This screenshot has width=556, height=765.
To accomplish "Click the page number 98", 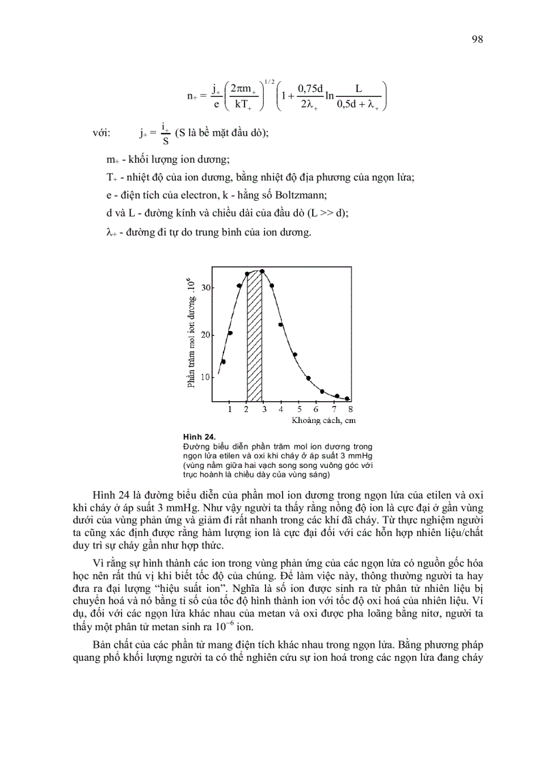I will tap(477, 39).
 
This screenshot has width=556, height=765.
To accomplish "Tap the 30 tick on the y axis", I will tap(206, 287).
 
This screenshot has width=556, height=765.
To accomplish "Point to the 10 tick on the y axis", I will tap(206, 377).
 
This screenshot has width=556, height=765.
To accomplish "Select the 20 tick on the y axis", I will tap(206, 334).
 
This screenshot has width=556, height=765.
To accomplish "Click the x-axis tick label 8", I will tap(350, 409).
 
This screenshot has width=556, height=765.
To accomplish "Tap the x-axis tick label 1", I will tap(230, 409).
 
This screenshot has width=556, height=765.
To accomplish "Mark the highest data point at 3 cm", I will tap(262, 271).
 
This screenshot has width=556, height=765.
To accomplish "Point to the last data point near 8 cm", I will tap(347, 399).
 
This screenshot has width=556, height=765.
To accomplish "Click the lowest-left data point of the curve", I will tap(223, 362).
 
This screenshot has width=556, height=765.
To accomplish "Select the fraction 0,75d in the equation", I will tap(309, 89).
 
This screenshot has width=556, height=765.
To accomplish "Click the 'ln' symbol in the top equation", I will tap(330, 96).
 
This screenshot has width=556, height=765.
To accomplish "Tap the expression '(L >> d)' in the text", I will tap(328, 213).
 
